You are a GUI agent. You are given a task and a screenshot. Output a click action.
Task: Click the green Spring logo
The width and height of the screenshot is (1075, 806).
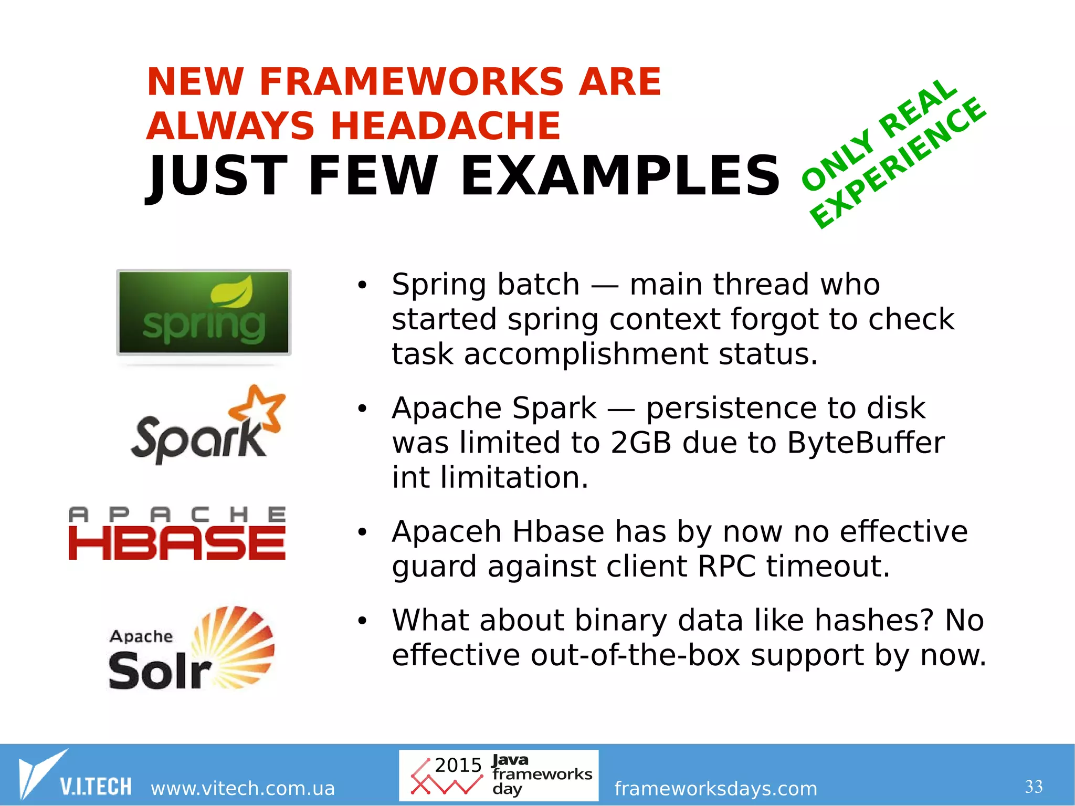tap(204, 312)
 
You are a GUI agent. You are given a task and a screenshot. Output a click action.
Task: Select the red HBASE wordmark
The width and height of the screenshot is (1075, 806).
tap(177, 543)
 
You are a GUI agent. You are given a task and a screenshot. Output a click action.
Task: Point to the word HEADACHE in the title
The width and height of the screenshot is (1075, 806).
tap(445, 126)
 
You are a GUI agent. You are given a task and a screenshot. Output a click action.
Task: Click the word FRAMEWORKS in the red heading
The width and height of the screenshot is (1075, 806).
tap(411, 82)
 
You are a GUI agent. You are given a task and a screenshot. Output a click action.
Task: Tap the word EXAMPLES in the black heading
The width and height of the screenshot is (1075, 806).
tap(620, 176)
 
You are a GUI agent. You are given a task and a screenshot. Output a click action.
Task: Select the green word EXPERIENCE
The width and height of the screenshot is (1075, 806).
tap(899, 164)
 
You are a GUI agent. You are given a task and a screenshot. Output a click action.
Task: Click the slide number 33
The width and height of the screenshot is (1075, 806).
tap(1034, 787)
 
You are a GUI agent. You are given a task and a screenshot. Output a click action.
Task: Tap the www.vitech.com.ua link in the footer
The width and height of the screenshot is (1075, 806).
tap(243, 788)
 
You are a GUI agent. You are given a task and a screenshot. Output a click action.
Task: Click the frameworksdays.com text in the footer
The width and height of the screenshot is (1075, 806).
tap(715, 788)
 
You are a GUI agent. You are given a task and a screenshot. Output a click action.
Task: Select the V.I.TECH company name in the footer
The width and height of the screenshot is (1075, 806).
tap(96, 787)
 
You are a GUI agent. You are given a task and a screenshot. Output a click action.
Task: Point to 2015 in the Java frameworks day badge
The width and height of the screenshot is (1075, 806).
tap(458, 765)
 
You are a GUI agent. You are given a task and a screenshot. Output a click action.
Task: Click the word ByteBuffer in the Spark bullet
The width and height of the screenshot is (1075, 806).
tap(866, 443)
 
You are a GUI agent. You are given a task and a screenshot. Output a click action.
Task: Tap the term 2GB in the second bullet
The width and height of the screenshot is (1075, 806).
tap(640, 443)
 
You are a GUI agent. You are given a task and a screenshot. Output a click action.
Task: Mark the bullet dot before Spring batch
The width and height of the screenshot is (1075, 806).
tap(362, 286)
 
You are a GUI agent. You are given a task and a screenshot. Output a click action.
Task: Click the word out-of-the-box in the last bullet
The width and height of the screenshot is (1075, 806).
tap(635, 655)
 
